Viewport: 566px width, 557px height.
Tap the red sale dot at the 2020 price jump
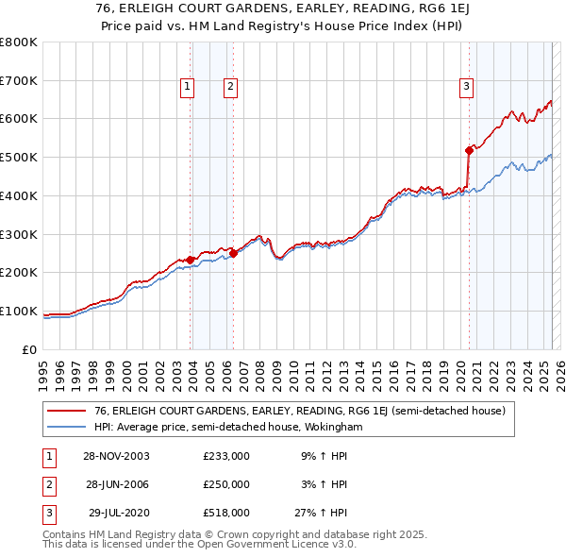click(x=469, y=149)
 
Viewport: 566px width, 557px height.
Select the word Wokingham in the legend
click(x=331, y=428)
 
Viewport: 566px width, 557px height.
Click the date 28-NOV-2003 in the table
click(x=116, y=456)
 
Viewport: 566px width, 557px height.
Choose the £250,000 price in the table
click(x=226, y=484)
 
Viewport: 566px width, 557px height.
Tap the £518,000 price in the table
click(x=226, y=513)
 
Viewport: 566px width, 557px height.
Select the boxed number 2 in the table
click(x=48, y=484)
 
